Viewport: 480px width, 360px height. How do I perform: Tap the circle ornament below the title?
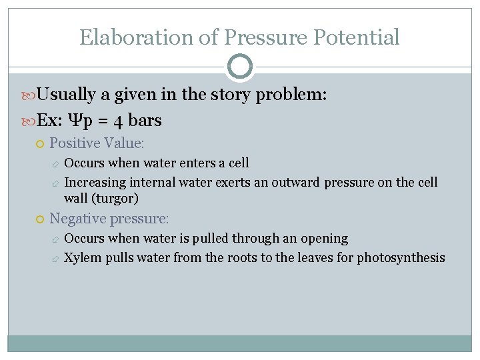click(x=240, y=67)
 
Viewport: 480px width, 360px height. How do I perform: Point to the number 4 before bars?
click(x=117, y=121)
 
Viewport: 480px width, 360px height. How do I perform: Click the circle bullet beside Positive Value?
click(x=40, y=143)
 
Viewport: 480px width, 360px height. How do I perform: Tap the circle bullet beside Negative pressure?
click(x=40, y=219)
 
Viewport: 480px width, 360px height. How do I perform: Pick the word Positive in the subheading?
click(x=75, y=143)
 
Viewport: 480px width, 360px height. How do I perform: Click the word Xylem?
click(x=81, y=257)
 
